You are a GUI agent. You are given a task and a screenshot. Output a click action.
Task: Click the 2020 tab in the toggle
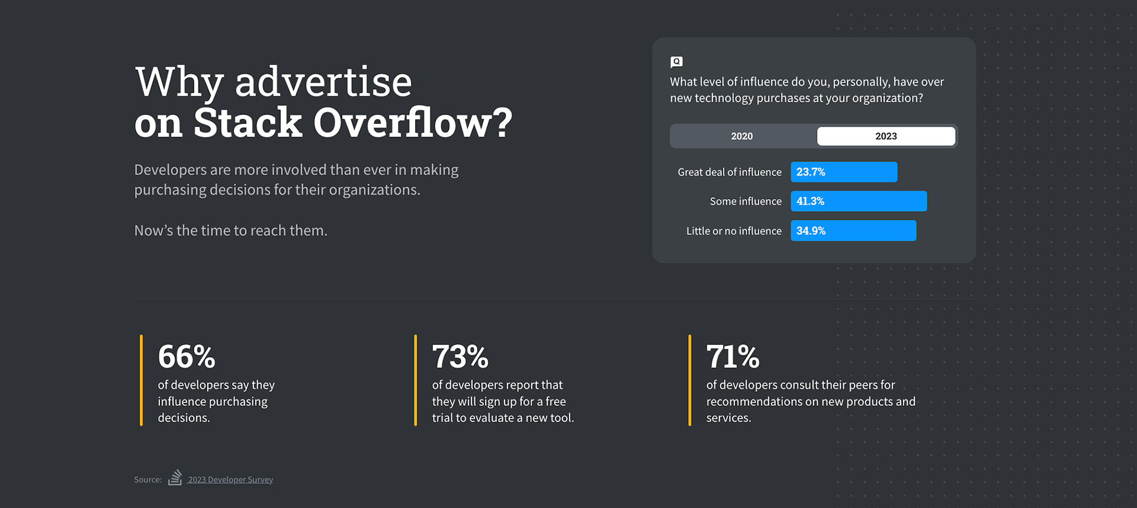pos(742,136)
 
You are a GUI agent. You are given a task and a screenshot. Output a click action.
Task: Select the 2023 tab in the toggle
pos(886,136)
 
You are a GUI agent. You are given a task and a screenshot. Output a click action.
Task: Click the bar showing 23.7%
pos(844,172)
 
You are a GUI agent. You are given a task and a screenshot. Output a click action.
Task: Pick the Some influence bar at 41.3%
pos(859,201)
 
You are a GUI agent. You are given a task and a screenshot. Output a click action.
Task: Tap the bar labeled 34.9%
pos(853,231)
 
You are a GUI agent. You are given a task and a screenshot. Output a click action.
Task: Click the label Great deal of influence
pos(730,172)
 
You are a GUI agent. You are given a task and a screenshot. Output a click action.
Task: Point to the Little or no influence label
pos(734,231)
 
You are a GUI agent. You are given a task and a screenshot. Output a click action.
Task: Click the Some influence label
pos(746,201)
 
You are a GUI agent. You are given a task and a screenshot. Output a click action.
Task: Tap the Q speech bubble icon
pos(676,62)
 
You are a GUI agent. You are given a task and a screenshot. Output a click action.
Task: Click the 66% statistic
pos(187,357)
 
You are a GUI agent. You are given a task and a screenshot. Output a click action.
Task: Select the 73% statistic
pos(460,357)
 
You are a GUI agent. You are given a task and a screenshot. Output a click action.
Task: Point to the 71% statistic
pos(733,357)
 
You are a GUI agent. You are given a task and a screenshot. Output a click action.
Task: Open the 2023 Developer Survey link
pos(230,480)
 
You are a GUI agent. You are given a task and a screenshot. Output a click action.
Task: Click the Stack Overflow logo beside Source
pos(175,478)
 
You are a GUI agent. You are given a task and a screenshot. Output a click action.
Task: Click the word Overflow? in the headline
pos(412,123)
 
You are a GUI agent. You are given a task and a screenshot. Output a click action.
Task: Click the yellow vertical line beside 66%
pos(141,380)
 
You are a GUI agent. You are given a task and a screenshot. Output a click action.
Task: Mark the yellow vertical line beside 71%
pos(689,380)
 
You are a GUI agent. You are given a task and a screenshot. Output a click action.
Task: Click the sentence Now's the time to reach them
pos(230,231)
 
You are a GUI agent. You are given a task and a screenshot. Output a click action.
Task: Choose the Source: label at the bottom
pos(147,480)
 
